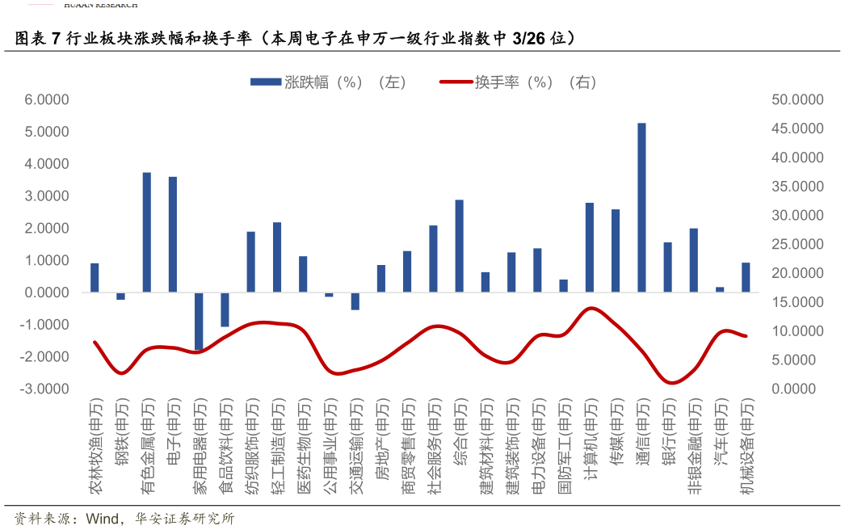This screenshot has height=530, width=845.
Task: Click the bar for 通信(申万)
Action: coord(641,208)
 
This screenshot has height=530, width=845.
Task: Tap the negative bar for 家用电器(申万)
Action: coord(199,321)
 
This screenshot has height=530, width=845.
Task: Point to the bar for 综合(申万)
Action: coord(459,246)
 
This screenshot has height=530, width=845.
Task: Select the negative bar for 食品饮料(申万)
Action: coord(225,309)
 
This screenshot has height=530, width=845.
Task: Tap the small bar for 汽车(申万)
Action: coord(720,289)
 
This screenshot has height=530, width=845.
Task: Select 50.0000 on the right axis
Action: coord(797,99)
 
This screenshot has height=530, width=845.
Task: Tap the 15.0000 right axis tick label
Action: coord(797,302)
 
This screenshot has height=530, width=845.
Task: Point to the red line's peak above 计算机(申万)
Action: coord(591,308)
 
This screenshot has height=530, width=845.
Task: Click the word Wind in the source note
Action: coord(103,518)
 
